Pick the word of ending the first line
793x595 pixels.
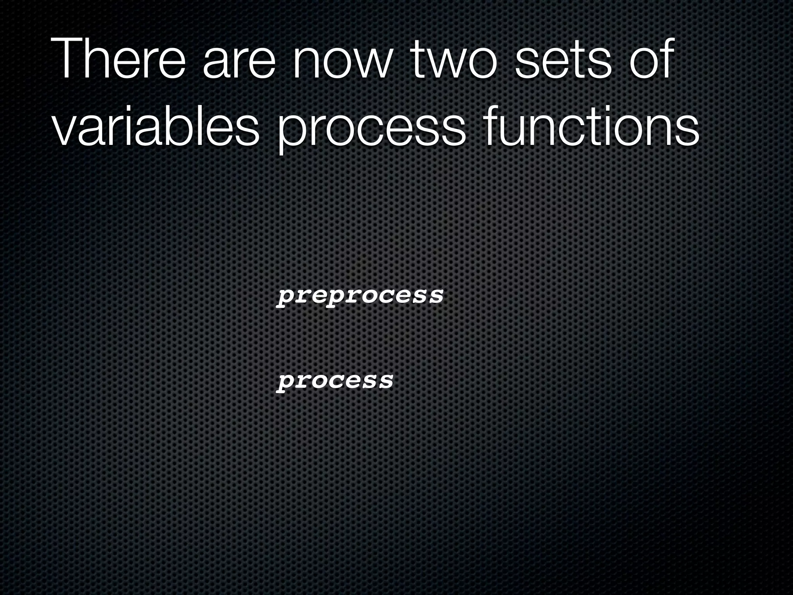coord(651,60)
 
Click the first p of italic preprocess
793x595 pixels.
coord(285,297)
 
